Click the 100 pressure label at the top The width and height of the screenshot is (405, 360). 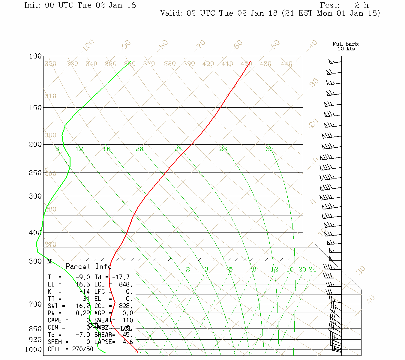coord(35,56)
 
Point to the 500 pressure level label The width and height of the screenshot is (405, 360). coord(35,261)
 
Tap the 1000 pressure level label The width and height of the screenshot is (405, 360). coord(33,349)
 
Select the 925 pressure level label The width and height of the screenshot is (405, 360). coord(35,340)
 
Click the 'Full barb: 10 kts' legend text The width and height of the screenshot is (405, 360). coord(346,46)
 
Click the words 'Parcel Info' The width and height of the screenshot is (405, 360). coord(88,266)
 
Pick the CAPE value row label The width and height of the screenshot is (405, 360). coord(54,320)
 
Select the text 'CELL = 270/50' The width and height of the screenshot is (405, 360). coord(70,349)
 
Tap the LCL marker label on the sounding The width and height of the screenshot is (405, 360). coord(126,329)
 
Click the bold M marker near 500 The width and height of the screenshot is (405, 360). coord(49,262)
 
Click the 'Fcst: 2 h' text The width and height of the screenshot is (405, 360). coord(344,5)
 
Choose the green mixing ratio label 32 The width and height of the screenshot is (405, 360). coord(270,149)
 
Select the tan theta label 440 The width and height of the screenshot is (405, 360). coord(286,64)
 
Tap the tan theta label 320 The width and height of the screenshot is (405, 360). coord(50,64)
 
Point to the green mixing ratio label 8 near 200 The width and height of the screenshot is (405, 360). coord(57,149)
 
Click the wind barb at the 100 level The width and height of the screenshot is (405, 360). coord(335,62)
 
